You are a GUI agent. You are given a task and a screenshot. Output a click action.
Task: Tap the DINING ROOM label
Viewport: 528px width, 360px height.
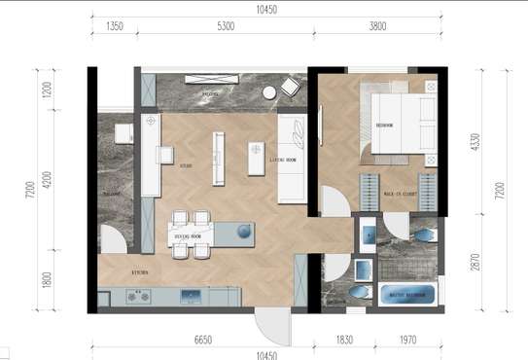[x=188, y=236]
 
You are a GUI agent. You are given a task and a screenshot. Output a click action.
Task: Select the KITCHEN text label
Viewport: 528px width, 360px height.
[x=139, y=272]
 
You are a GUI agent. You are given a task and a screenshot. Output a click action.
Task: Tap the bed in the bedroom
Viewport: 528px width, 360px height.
[x=400, y=125]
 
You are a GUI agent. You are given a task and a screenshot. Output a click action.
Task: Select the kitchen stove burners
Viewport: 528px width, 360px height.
[x=138, y=297]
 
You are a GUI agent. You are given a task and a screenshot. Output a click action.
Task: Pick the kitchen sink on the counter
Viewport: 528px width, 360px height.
[x=190, y=297]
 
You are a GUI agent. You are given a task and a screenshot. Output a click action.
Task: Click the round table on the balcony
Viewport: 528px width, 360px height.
[x=269, y=92]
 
